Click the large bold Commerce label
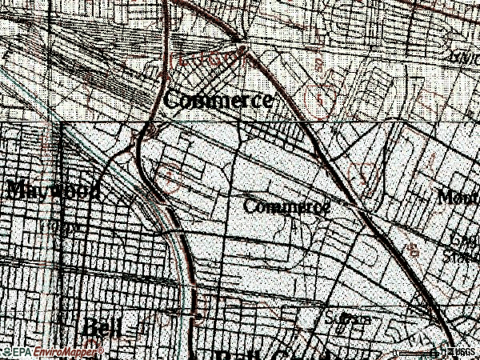coord(218,102)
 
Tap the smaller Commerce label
coord(286,206)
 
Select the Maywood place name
coord(53,190)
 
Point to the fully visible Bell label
coord(102,329)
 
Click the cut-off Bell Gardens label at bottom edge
coord(264,354)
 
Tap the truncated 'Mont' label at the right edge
coord(458,197)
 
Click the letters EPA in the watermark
coord(21,352)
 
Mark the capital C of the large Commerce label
coord(173,102)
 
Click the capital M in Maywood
coord(16,190)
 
